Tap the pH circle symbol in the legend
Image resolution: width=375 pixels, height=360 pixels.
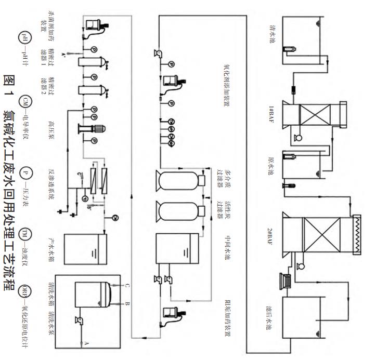24,37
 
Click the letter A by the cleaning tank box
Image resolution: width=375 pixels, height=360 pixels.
86,343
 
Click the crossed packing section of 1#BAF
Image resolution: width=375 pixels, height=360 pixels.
316,113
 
